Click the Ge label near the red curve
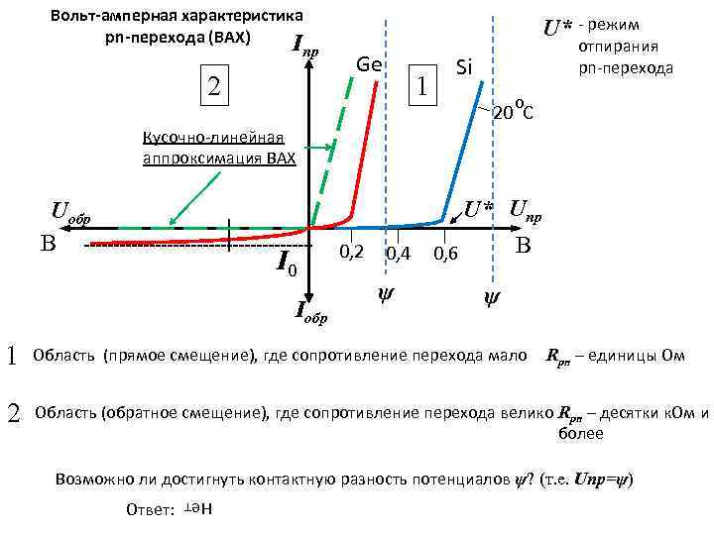(x=369, y=64)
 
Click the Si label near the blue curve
(x=463, y=68)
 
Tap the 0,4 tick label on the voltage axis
(x=398, y=255)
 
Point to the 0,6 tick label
(x=446, y=255)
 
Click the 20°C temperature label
(x=513, y=112)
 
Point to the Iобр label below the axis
(x=312, y=313)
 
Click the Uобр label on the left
(x=70, y=212)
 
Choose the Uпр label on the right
(x=526, y=211)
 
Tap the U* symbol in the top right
(x=556, y=27)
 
